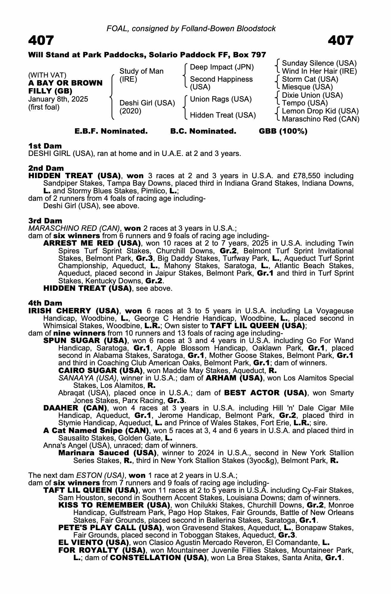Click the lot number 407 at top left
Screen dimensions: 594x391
41,40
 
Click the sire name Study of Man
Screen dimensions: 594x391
141,71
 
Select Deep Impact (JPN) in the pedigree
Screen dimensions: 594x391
222,67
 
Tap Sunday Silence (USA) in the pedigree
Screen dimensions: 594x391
319,63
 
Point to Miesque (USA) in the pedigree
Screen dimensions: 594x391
307,87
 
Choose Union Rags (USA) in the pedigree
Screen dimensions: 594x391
221,99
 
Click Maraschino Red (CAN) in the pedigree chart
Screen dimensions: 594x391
321,119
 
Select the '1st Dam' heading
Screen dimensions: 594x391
45,146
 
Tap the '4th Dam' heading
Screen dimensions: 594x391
45,303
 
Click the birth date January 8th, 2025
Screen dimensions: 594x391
58,99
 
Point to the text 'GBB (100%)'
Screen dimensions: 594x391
283,131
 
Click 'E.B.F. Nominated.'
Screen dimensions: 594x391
111,131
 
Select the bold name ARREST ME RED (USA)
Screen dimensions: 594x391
92,243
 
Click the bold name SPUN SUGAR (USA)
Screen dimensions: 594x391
85,340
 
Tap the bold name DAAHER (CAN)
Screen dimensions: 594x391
75,408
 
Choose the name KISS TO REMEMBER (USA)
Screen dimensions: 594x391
114,505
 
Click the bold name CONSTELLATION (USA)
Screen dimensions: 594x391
158,557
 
